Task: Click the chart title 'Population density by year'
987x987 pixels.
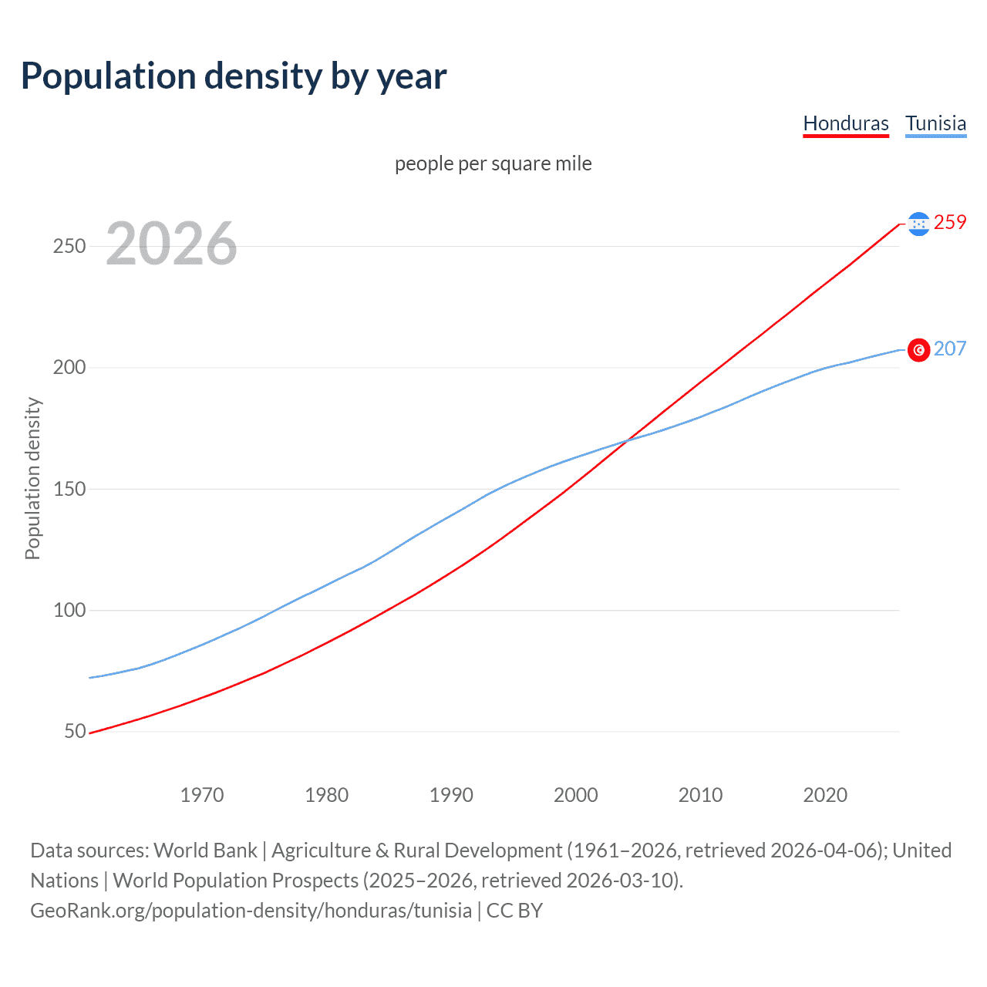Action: (234, 76)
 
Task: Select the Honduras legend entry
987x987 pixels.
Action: (846, 123)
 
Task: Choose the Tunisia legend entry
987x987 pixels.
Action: (935, 123)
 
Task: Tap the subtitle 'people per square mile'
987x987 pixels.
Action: (493, 164)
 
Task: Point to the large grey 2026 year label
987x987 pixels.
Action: (171, 244)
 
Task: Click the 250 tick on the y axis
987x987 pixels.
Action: (69, 247)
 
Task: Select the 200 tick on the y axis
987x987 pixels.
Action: (69, 368)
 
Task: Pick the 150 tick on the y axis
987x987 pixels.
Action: (69, 489)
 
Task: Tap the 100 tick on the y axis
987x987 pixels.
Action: (69, 610)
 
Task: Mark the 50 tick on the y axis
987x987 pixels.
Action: (75, 731)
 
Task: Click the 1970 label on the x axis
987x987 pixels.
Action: (202, 795)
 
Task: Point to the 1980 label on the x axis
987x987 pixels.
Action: (327, 795)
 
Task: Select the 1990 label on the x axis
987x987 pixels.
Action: (451, 795)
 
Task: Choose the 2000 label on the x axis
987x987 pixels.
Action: (576, 795)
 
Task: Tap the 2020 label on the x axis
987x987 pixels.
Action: (825, 795)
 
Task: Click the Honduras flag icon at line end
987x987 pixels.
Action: (918, 224)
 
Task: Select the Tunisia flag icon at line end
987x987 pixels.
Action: (918, 350)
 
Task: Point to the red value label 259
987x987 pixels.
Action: (950, 223)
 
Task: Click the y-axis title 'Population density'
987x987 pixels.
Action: (32, 478)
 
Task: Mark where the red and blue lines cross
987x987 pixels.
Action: (627, 440)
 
